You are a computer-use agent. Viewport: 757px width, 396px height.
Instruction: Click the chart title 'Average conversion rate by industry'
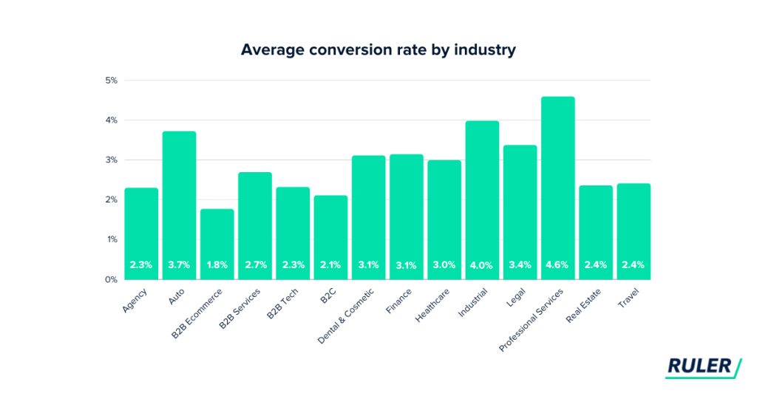point(378,51)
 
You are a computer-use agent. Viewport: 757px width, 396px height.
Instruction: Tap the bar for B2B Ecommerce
point(217,244)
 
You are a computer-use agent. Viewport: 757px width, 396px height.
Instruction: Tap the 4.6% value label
point(557,264)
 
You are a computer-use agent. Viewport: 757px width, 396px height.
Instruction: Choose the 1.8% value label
point(217,264)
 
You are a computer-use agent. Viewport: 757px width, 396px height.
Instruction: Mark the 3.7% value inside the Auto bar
point(179,264)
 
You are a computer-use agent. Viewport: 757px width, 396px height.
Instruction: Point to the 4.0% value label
point(482,264)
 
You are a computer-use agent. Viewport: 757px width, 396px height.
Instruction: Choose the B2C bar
point(330,237)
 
